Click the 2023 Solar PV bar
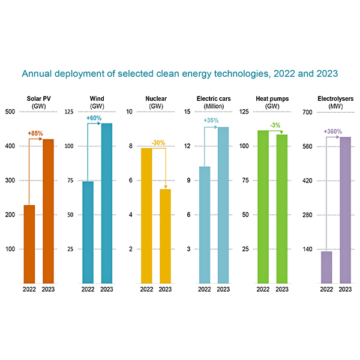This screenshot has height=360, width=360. tap(48, 211)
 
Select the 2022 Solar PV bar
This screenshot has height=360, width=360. tap(29, 244)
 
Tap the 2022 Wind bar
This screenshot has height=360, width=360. tap(88, 232)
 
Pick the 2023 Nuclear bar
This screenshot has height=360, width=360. tap(166, 236)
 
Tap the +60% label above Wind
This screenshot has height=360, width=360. tap(94, 118)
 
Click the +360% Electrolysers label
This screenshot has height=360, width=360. tap(333, 131)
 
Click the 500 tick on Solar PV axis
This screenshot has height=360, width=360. tap(11, 112)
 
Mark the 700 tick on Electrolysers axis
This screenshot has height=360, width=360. tap(305, 112)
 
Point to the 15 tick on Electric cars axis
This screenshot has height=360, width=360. tap(188, 112)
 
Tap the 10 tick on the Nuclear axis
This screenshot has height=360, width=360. tap(130, 112)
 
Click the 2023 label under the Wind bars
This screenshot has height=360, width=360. tap(107, 290)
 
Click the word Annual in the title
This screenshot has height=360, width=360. tap(36, 74)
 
